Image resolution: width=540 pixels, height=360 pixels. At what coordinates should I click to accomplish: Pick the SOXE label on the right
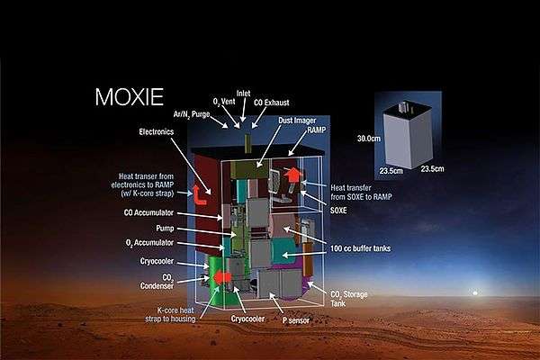338,209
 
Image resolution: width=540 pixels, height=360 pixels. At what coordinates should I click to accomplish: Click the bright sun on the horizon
475,293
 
